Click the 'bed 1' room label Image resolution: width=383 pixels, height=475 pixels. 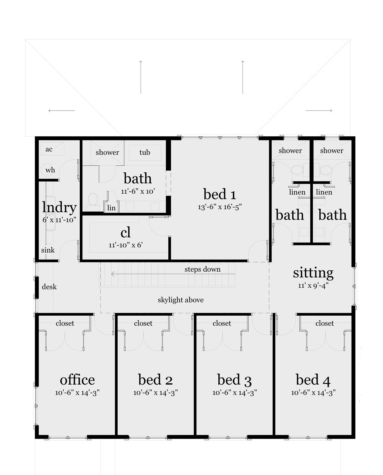pyautogui.click(x=220, y=194)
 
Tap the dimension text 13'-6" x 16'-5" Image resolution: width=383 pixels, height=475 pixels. pyautogui.click(x=220, y=207)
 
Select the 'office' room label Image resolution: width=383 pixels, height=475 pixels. pyautogui.click(x=77, y=380)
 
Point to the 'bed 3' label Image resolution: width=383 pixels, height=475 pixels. pyautogui.click(x=234, y=380)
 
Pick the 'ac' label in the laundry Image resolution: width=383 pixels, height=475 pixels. pyautogui.click(x=49, y=149)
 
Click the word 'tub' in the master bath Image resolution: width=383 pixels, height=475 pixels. pyautogui.click(x=145, y=152)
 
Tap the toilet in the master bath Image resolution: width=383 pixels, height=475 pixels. pyautogui.click(x=92, y=200)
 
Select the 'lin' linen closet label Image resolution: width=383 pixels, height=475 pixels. pyautogui.click(x=111, y=208)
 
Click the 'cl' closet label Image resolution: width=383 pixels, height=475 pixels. pyautogui.click(x=126, y=232)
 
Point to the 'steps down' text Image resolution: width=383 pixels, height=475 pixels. pyautogui.click(x=203, y=269)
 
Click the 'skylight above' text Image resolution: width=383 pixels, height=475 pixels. pyautogui.click(x=180, y=300)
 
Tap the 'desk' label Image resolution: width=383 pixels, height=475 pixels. pyautogui.click(x=49, y=287)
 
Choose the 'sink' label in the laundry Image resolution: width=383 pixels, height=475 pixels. pyautogui.click(x=48, y=250)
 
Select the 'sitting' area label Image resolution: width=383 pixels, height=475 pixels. pyautogui.click(x=313, y=273)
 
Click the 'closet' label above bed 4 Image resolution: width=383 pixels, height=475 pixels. pyautogui.click(x=324, y=323)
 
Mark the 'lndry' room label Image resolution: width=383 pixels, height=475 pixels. pyautogui.click(x=59, y=207)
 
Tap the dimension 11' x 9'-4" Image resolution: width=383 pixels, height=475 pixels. pyautogui.click(x=313, y=286)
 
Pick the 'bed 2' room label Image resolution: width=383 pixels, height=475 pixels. pyautogui.click(x=155, y=380)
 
